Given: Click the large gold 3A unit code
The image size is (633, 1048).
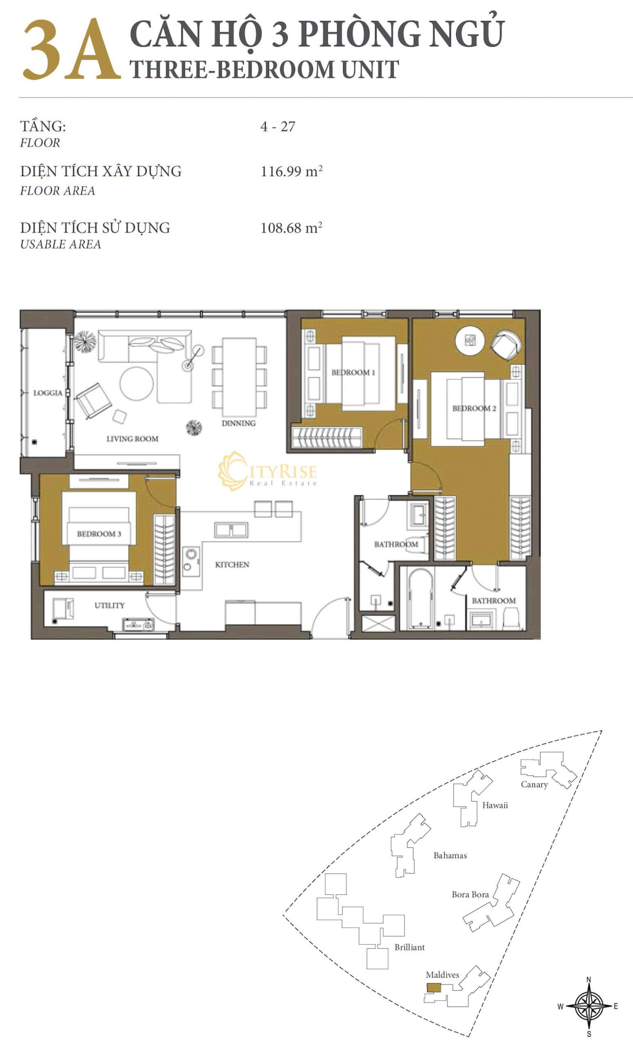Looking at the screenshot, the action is (71, 50).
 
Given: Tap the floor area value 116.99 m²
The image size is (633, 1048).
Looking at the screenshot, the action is (292, 171).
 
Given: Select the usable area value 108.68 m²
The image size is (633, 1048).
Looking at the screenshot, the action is (292, 228).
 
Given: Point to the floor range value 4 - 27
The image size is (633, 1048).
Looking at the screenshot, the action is (278, 126).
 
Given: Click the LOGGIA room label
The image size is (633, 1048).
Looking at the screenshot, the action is (47, 393).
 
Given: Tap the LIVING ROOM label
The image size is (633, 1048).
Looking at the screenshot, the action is (132, 438).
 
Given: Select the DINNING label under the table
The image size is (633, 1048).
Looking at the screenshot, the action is (239, 423).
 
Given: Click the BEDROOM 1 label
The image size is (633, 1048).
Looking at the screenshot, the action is (353, 373).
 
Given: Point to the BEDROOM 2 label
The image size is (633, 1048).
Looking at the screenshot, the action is (474, 408).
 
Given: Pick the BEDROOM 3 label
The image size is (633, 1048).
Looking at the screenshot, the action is (99, 534).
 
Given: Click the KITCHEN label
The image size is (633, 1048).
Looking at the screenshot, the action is (232, 565).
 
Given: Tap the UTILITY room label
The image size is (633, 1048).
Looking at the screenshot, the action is (109, 605).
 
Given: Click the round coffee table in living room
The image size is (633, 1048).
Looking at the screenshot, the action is (136, 384).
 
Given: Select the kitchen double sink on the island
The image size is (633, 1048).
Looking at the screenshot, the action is (231, 530).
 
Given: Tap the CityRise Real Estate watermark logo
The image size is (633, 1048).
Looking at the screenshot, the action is (267, 471).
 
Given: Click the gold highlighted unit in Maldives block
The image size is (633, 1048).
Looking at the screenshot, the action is (434, 987).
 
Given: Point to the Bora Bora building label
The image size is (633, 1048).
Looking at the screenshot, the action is (470, 894).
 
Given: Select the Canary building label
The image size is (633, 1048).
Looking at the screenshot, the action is (534, 784).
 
